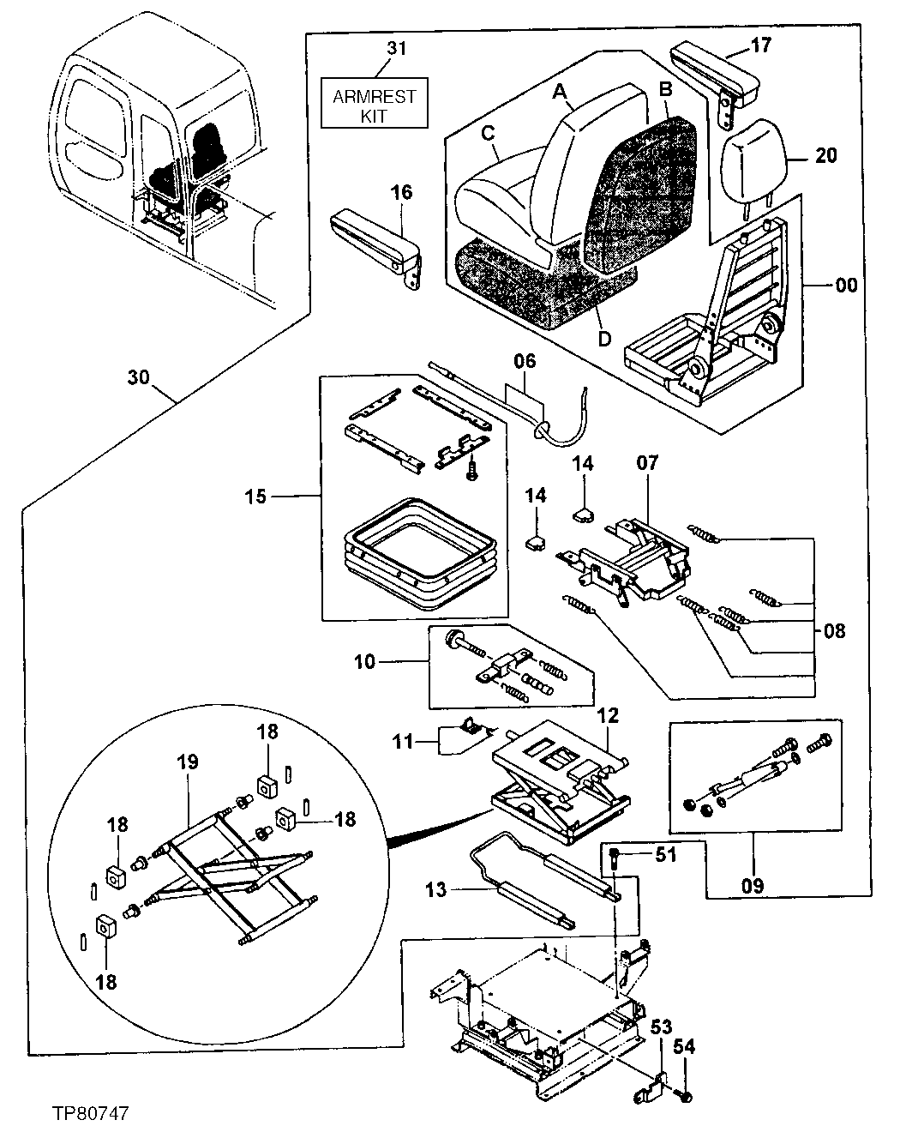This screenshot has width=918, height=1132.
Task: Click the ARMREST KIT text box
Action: [x=374, y=105]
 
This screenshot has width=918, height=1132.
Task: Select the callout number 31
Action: [x=395, y=48]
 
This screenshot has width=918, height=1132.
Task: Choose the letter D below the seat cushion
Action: [x=605, y=339]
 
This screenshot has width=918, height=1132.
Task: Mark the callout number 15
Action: [x=255, y=497]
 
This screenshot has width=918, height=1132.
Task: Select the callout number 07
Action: [x=647, y=464]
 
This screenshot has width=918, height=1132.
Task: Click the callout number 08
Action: [x=833, y=632]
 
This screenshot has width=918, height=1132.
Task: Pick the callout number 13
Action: [x=436, y=890]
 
